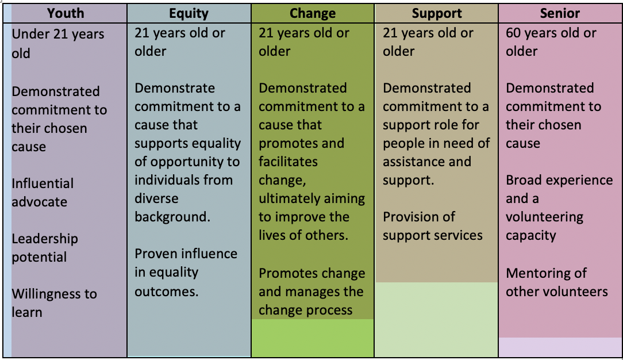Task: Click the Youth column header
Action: pos(66,13)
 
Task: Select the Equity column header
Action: pos(189,13)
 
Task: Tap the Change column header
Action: pos(313,13)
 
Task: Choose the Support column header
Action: pos(437,13)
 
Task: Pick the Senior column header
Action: pos(560,13)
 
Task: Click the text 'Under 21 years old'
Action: pos(58,43)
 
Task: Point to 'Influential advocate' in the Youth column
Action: pos(43,193)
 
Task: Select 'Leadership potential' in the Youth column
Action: pos(45,248)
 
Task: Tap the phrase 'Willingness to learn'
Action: pos(55,303)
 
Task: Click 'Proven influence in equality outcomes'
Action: pos(186,273)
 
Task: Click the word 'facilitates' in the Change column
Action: pos(288,162)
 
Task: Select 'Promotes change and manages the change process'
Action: pos(312,292)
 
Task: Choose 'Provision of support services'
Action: pos(433,226)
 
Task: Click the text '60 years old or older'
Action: pos(551,42)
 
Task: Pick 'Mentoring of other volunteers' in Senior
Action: pos(557,282)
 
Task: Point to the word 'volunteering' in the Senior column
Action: pos(544,217)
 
